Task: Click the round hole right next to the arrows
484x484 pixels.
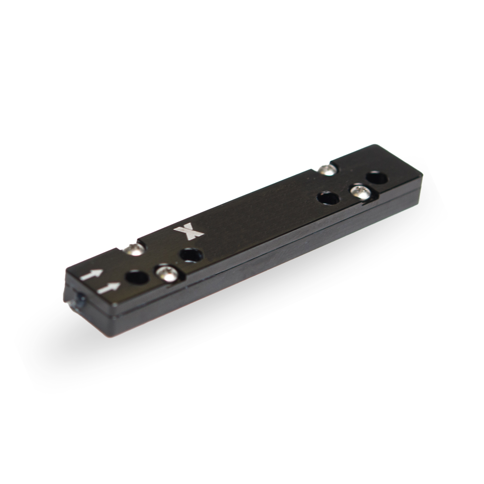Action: coord(137,277)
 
